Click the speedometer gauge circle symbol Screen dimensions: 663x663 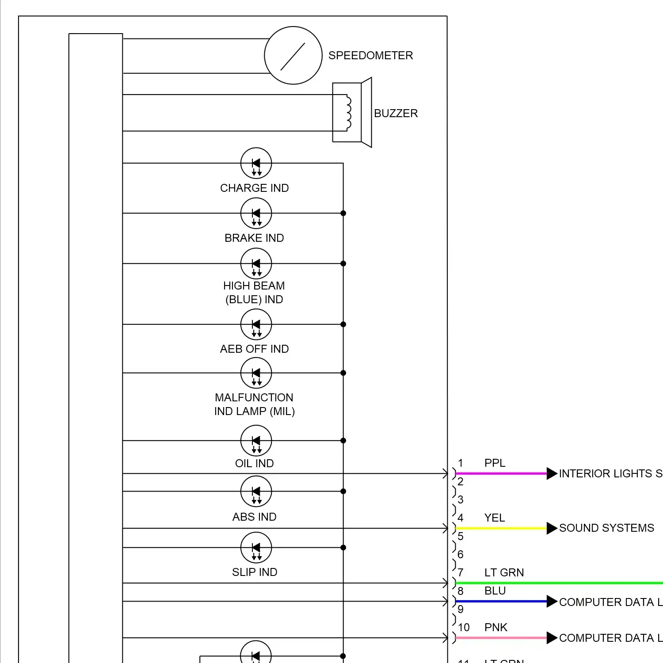click(293, 55)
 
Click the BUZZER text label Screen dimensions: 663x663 click(396, 114)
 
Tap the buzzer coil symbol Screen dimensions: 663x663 click(348, 113)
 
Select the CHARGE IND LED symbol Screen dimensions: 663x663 click(256, 163)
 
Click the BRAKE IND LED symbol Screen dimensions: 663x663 click(256, 213)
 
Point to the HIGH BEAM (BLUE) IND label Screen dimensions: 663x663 click(254, 293)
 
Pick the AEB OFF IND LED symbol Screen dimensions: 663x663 click(256, 324)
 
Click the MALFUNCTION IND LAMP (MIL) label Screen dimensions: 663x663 click(254, 404)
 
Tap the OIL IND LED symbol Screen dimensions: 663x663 click(256, 441)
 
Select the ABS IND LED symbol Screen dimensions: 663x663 click(256, 492)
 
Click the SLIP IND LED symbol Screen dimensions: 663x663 click(256, 548)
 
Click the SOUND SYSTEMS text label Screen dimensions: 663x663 click(606, 528)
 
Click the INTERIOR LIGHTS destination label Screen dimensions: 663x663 click(610, 474)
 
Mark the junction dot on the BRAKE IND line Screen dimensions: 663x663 click(343, 213)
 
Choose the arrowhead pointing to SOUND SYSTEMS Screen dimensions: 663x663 click(552, 529)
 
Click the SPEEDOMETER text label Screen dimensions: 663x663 click(370, 56)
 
